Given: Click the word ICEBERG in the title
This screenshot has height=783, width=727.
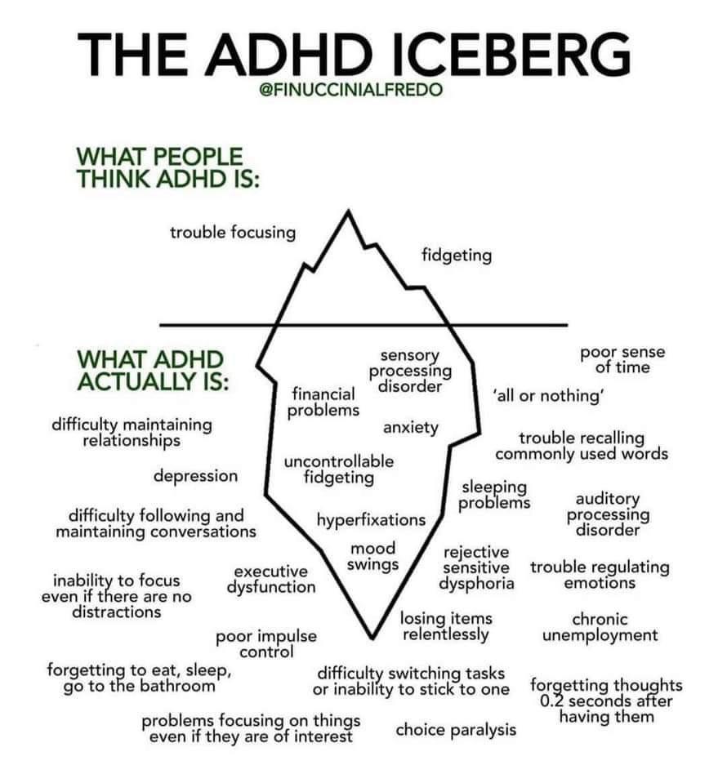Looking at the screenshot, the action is [x=508, y=55].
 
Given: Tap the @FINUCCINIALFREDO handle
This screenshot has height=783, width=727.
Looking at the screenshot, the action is [x=350, y=90].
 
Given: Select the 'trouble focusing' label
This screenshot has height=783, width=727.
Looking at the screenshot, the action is [x=233, y=233].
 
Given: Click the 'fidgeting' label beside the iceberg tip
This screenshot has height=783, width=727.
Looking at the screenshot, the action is [x=457, y=256].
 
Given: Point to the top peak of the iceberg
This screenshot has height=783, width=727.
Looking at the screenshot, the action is [x=348, y=211].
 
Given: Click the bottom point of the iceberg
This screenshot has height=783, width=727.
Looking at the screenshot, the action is [x=372, y=638].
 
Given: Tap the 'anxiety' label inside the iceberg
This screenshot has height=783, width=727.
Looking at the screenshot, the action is [x=411, y=428].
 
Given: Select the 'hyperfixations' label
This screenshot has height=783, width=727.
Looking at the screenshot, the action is [x=371, y=520].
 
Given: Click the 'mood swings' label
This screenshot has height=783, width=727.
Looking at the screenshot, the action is [x=372, y=556].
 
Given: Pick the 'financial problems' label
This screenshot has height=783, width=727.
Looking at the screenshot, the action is [x=323, y=402].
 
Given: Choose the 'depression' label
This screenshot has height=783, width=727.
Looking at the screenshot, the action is [x=195, y=476].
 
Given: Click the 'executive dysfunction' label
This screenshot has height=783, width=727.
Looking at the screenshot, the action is [x=271, y=579].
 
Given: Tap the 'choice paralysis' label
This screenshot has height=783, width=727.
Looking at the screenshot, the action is [x=456, y=730].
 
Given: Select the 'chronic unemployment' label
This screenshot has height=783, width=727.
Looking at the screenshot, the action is [x=600, y=627].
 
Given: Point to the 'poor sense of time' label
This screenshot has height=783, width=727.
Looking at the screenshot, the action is [x=622, y=359].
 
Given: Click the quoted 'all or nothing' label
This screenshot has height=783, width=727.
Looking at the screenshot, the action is [x=549, y=395].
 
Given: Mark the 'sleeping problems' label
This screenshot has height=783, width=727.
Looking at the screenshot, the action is [x=494, y=495].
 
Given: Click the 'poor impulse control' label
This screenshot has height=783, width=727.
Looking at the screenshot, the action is [x=266, y=643].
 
